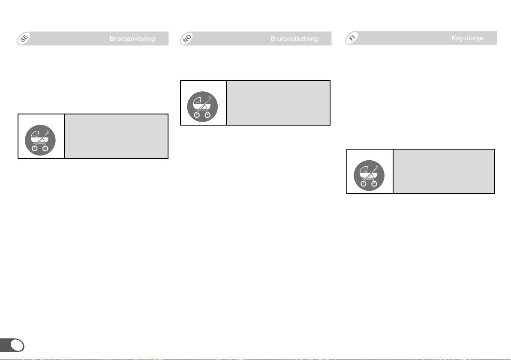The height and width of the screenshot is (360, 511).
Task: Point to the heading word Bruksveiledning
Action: click(x=294, y=39)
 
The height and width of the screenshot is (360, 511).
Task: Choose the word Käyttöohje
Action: click(x=467, y=39)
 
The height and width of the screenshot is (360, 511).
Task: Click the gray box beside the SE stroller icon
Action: click(x=116, y=136)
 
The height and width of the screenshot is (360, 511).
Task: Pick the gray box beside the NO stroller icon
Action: click(x=278, y=103)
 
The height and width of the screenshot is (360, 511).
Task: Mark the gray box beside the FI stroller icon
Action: click(x=444, y=171)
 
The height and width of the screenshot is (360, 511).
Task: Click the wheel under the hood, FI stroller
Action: click(x=364, y=184)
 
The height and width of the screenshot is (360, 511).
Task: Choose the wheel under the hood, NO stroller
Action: click(x=197, y=115)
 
